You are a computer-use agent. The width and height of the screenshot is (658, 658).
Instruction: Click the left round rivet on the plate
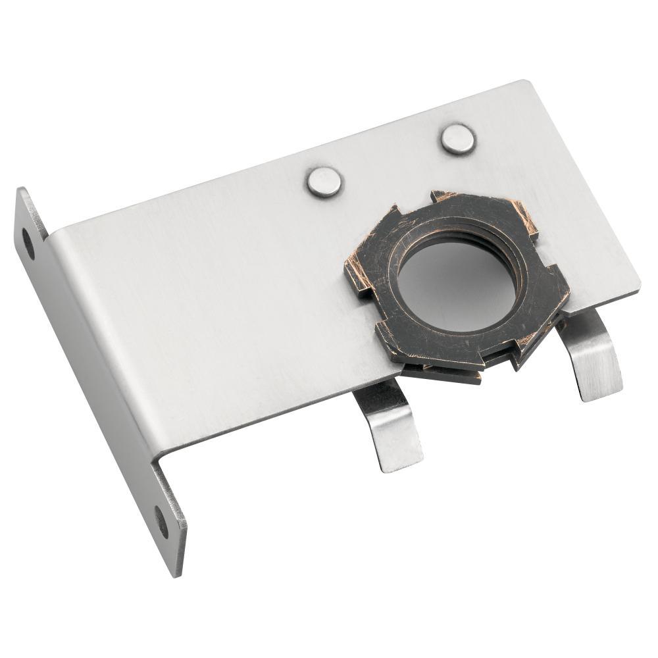[x=324, y=182]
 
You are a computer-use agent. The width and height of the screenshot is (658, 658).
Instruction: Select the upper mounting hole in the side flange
[x=28, y=243]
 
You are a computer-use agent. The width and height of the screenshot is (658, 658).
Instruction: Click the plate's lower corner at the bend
[x=155, y=461]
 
